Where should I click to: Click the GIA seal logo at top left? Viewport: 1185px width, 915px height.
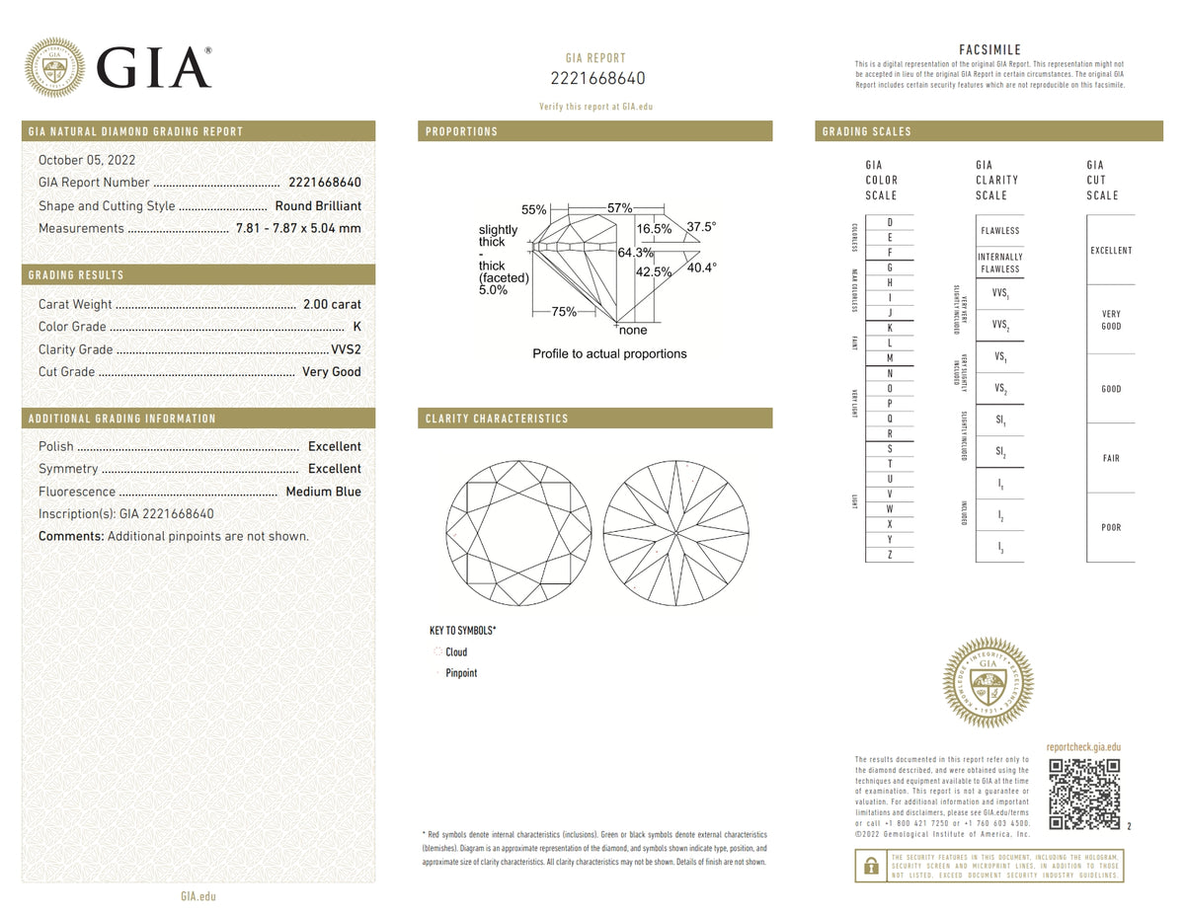54,67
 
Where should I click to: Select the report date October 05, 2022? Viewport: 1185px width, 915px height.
87,160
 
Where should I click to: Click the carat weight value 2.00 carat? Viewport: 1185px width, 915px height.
332,304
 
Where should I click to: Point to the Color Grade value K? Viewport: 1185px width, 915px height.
356,327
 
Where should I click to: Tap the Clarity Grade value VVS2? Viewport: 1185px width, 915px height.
346,349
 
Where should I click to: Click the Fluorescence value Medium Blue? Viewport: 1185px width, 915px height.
323,492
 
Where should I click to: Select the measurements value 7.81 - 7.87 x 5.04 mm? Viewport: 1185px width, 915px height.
298,229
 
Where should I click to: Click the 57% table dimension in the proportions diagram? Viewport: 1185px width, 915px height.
619,208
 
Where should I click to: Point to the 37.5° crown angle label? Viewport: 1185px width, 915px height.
701,227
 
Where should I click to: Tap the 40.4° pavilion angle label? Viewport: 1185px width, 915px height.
701,267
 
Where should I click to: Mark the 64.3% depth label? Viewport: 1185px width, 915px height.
635,253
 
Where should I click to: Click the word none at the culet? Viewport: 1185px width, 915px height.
633,331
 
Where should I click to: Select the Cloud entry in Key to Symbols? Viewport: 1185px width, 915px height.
455,652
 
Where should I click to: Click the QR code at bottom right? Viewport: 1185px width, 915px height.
1084,795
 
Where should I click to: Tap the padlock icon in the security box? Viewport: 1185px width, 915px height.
871,866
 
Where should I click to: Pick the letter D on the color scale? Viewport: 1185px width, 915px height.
890,222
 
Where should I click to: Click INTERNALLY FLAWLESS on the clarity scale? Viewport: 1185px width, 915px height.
999,263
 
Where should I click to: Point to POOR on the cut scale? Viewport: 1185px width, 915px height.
1111,527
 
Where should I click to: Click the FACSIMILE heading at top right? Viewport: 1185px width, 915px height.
989,49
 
